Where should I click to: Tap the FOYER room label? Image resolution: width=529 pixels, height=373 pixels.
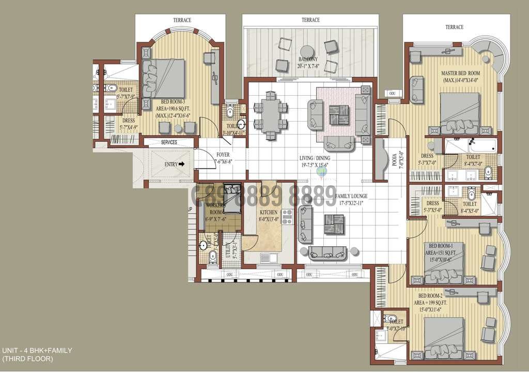[223, 154]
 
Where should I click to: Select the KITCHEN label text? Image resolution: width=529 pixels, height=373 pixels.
[269, 212]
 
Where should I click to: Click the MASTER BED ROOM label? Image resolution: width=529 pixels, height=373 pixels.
[461, 73]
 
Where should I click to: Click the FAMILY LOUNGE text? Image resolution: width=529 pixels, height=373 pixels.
[351, 197]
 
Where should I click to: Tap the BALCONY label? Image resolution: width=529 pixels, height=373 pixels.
[307, 59]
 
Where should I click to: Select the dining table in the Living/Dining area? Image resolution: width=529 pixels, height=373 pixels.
[269, 116]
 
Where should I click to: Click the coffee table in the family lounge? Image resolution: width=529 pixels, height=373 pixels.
[334, 223]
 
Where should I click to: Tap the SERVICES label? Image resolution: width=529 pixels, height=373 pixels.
[169, 142]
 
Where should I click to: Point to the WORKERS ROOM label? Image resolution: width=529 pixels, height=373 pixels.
[215, 208]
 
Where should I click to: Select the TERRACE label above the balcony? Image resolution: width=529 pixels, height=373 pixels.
[310, 20]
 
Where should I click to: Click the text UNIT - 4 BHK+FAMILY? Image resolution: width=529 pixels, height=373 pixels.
[37, 350]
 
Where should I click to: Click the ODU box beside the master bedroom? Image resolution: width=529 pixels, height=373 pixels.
[392, 94]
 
